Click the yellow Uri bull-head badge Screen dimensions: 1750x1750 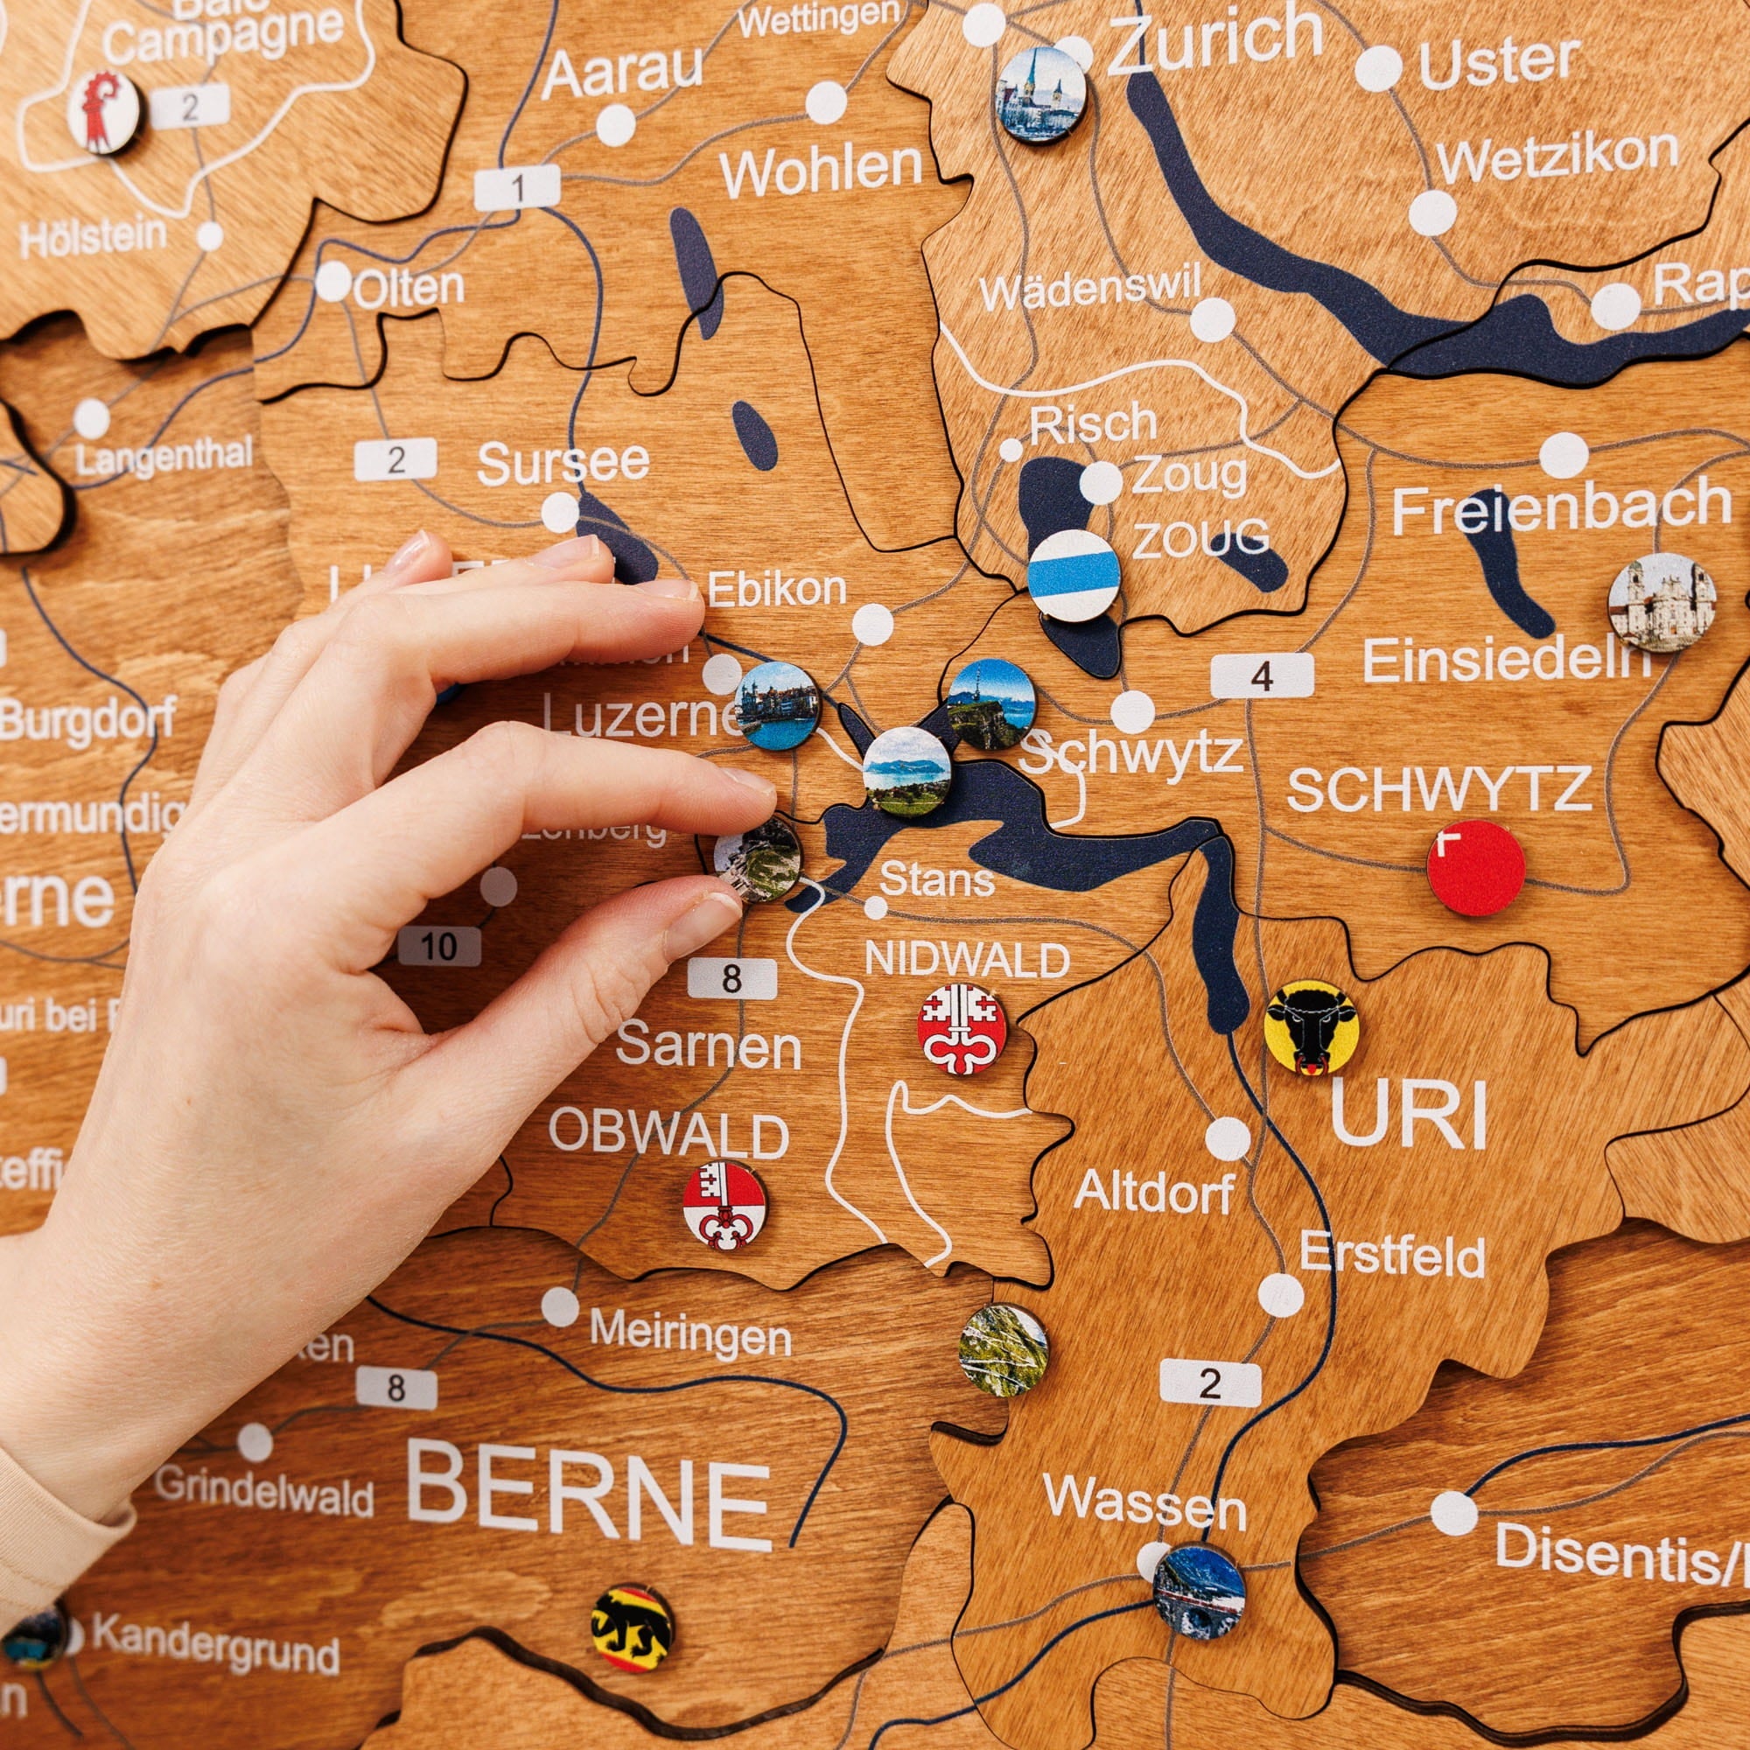point(1310,1028)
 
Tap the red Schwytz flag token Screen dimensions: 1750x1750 point(1475,868)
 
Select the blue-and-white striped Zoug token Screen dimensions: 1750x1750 point(1074,575)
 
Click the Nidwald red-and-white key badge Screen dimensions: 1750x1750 point(961,1029)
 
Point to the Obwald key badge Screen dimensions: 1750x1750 point(724,1205)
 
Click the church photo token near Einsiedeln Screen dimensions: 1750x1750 point(1662,601)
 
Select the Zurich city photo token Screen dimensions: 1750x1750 point(1040,94)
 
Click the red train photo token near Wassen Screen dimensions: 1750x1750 point(1199,1592)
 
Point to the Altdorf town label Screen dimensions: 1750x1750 point(1153,1193)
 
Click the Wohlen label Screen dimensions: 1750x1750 point(821,170)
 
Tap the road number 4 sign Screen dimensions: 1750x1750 point(1262,675)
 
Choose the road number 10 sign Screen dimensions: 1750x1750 point(439,947)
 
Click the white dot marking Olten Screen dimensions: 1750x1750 point(333,282)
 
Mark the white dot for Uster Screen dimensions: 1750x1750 point(1379,68)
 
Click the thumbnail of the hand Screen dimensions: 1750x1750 point(707,921)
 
